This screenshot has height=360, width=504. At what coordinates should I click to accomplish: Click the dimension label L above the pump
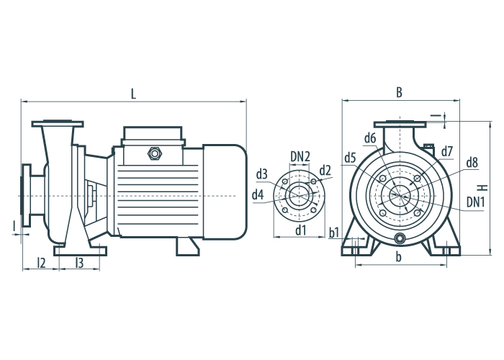pyautogui.click(x=134, y=94)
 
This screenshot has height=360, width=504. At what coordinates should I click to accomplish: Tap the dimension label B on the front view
pyautogui.click(x=399, y=92)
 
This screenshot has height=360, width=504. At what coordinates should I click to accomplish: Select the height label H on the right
pyautogui.click(x=483, y=188)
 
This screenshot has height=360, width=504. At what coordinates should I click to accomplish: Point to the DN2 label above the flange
pyautogui.click(x=300, y=156)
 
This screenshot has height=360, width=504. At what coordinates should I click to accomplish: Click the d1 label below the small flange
pyautogui.click(x=300, y=230)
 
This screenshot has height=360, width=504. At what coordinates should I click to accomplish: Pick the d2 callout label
pyautogui.click(x=325, y=171)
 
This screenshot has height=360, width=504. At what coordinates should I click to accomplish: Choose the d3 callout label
pyautogui.click(x=261, y=174)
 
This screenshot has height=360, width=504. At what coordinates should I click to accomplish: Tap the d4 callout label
pyautogui.click(x=258, y=195)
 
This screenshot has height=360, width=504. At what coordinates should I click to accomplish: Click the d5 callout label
pyautogui.click(x=351, y=158)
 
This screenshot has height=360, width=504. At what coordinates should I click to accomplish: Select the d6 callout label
pyautogui.click(x=370, y=138)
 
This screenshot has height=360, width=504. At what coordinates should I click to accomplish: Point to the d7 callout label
pyautogui.click(x=447, y=151)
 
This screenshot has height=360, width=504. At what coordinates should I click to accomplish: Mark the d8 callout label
pyautogui.click(x=472, y=163)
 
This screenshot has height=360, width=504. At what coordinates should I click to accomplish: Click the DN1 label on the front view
pyautogui.click(x=475, y=202)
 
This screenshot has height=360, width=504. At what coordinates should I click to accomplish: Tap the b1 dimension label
pyautogui.click(x=334, y=233)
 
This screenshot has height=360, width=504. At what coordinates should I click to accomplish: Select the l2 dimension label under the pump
pyautogui.click(x=42, y=263)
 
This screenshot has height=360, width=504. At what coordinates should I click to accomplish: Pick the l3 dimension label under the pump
pyautogui.click(x=79, y=263)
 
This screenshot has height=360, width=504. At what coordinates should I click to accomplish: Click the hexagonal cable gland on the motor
pyautogui.click(x=155, y=153)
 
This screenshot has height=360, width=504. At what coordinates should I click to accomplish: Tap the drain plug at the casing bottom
pyautogui.click(x=400, y=238)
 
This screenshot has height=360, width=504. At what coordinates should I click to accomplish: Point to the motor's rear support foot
pyautogui.click(x=188, y=246)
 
